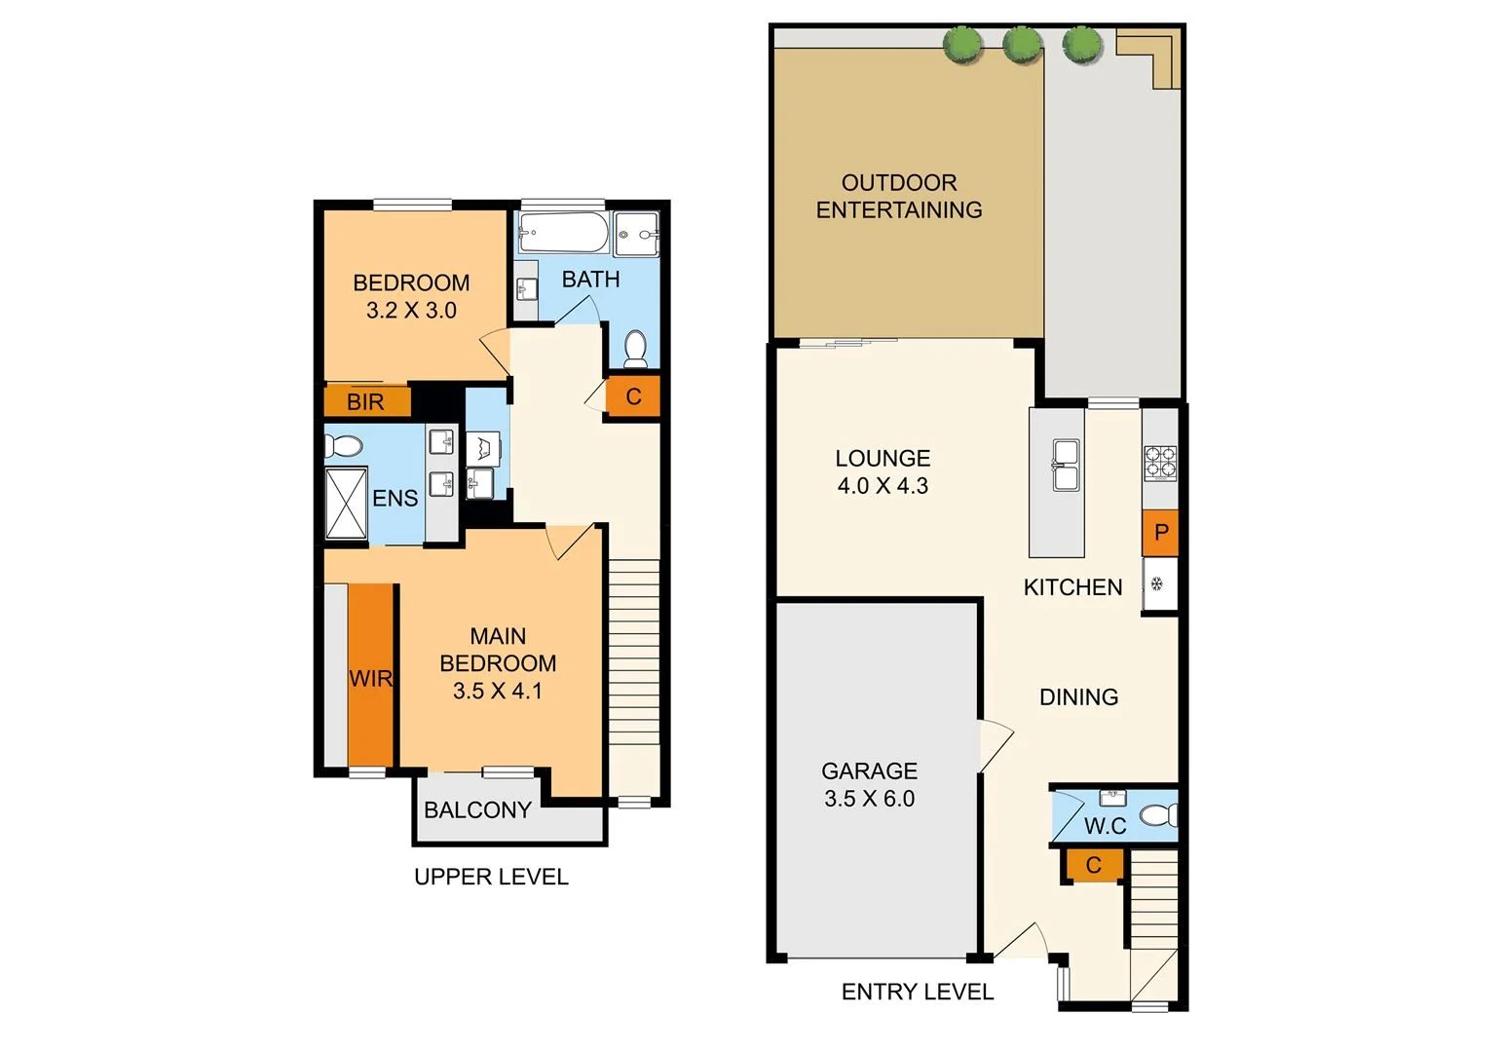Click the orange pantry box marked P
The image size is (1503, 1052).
coord(1160,532)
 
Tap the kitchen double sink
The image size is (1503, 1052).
coord(1065,465)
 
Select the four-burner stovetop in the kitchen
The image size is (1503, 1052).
coord(1159,463)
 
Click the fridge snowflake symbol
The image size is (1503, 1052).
coord(1157,584)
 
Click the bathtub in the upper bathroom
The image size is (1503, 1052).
coord(563,233)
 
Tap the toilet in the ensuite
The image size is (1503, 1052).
coord(343,446)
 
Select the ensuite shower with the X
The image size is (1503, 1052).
coord(346,503)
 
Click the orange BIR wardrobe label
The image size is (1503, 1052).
coord(366,401)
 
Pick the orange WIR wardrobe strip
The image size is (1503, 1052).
coord(371,676)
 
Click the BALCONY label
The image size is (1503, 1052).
coord(477,809)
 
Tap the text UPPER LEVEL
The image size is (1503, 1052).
coord(491,877)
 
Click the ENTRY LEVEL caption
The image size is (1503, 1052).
coord(918,992)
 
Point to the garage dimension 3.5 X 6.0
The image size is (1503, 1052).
coord(870,799)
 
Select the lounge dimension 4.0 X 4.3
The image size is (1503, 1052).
coord(883,486)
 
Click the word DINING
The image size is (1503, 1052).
coord(1078,696)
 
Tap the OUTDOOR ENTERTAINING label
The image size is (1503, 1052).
coord(899,196)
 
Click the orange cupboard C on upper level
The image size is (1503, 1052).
coord(633,396)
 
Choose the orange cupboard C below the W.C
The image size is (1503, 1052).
coord(1093,865)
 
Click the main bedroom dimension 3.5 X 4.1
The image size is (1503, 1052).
coord(498,691)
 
